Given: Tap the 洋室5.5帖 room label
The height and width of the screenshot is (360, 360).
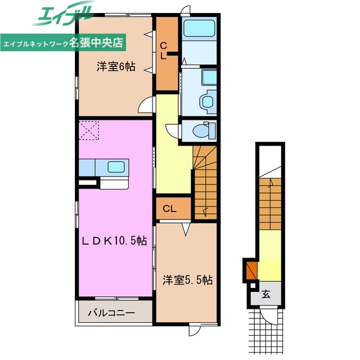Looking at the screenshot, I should pyautogui.click(x=187, y=279).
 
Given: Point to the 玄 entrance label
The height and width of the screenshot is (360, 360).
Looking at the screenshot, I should pyautogui.click(x=265, y=294).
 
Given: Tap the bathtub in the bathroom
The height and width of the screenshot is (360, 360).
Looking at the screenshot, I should pyautogui.click(x=199, y=28).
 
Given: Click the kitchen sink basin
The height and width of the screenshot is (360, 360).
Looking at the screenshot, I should pyautogui.click(x=117, y=167).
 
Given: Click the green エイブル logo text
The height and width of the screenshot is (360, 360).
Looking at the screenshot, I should pyautogui.click(x=62, y=15).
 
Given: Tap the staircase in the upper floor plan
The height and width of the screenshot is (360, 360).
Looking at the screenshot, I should pyautogui.click(x=206, y=180).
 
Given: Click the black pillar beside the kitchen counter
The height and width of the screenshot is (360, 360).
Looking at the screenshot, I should pyautogui.click(x=87, y=182).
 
